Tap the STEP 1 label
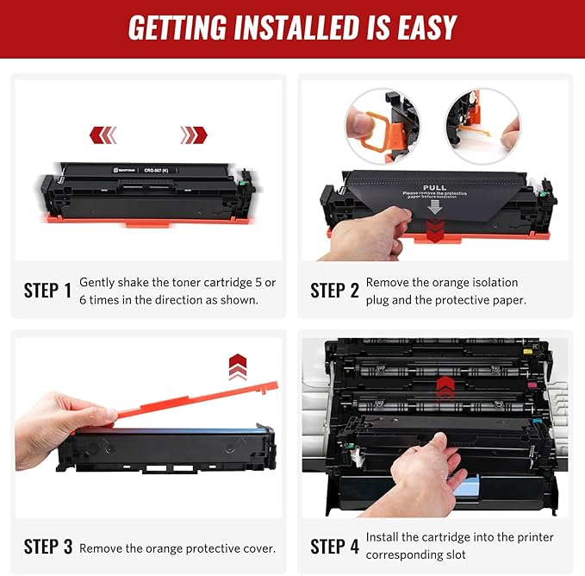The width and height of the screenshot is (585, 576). [x=48, y=291]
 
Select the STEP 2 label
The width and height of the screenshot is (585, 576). [x=334, y=291]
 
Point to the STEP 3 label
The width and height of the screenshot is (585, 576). [x=48, y=547]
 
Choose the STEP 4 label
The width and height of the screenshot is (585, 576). [x=334, y=547]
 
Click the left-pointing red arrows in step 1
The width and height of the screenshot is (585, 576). [x=103, y=135]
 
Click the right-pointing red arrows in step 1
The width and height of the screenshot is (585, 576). [x=193, y=135]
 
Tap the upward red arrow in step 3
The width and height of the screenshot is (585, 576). [x=238, y=366]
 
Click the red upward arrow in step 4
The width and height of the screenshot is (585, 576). [x=445, y=387]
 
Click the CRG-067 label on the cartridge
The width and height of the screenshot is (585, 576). [x=161, y=171]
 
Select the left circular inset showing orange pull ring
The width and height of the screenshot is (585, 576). [x=382, y=127]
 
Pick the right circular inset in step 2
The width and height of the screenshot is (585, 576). [x=482, y=127]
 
